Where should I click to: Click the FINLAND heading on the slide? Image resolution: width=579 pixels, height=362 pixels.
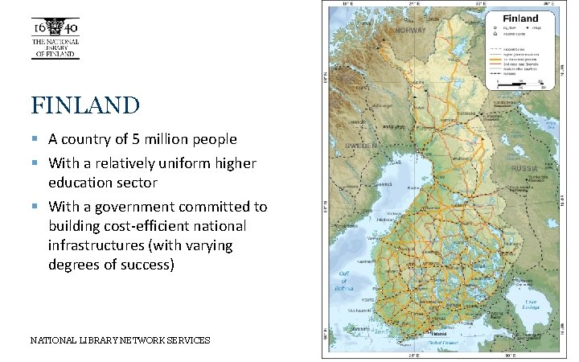85,105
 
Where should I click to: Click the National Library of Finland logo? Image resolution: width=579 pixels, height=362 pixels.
55,39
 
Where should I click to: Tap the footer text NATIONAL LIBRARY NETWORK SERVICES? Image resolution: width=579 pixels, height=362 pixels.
120,340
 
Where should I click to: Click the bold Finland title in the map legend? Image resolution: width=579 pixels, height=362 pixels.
520,18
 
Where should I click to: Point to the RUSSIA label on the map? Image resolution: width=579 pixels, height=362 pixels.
524,168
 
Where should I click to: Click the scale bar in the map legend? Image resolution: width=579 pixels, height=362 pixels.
520,83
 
